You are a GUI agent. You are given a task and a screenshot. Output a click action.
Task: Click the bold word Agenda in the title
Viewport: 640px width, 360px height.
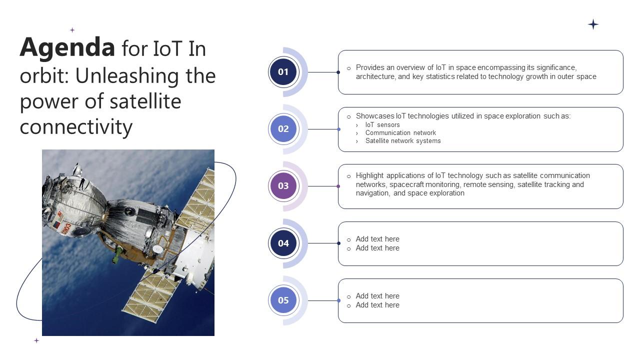pyautogui.click(x=67, y=48)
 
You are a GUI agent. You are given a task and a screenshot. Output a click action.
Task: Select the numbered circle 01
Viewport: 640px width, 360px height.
pyautogui.click(x=283, y=72)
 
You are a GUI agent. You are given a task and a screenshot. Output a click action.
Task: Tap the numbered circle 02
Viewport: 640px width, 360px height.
pyautogui.click(x=283, y=129)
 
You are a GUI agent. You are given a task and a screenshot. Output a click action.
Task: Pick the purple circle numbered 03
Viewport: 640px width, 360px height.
pyautogui.click(x=283, y=186)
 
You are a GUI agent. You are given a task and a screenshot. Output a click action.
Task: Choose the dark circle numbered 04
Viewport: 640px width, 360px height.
pyautogui.click(x=283, y=243)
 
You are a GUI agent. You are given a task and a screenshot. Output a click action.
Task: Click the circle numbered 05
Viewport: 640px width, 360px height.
pyautogui.click(x=283, y=300)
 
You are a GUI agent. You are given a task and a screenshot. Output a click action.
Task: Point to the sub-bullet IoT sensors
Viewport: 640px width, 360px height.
pyautogui.click(x=382, y=125)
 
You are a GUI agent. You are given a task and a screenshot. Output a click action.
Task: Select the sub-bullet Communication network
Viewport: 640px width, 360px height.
pyautogui.click(x=400, y=133)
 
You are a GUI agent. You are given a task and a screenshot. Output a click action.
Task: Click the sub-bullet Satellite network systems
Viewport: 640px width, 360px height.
pyautogui.click(x=403, y=141)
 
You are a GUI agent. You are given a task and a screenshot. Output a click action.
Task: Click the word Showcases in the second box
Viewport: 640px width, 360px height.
pyautogui.click(x=375, y=116)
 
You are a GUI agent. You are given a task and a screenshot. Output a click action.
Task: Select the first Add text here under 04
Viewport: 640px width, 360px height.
pyautogui.click(x=377, y=239)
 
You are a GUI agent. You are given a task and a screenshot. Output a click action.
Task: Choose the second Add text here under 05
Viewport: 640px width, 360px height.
pyautogui.click(x=377, y=305)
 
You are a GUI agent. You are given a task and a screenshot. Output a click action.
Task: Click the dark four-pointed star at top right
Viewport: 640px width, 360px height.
pyautogui.click(x=593, y=24)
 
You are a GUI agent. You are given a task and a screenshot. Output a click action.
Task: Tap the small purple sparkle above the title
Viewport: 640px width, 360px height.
pyautogui.click(x=72, y=30)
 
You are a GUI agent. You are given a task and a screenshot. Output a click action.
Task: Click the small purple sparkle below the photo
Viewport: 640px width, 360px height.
pyautogui.click(x=36, y=340)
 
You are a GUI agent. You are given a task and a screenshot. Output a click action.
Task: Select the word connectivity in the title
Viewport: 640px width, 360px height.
pyautogui.click(x=76, y=127)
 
